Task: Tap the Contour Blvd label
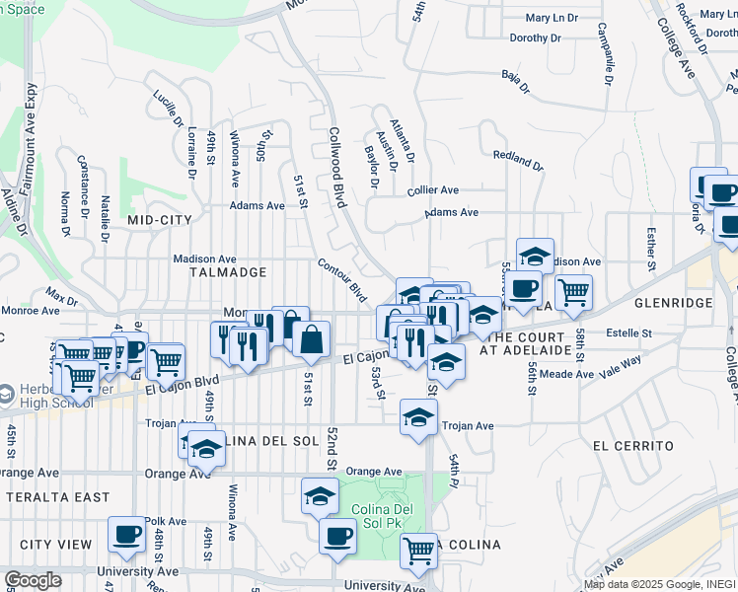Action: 342,279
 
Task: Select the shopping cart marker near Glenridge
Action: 573,290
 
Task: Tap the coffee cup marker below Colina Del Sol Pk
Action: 337,536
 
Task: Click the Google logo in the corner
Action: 33,580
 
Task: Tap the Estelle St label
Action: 625,333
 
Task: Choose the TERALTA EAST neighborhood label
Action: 57,497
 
